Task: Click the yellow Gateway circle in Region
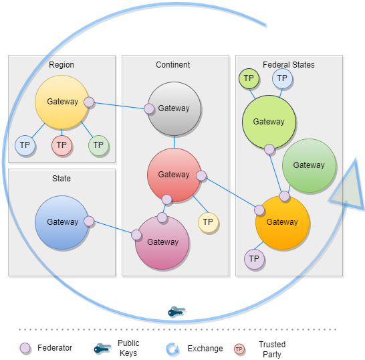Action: [x=62, y=102]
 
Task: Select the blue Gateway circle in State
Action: [x=62, y=222]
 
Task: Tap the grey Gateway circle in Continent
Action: [x=174, y=108]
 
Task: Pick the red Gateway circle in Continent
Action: [x=174, y=175]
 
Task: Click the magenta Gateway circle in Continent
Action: [x=162, y=242]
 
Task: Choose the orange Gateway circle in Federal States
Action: [x=282, y=222]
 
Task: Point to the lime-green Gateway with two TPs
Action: [x=269, y=122]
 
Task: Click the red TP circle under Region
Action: [x=62, y=145]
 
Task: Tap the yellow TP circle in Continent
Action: [x=208, y=221]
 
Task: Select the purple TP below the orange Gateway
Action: [x=254, y=259]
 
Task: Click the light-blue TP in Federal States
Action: [x=282, y=78]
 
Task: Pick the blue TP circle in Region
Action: [x=25, y=145]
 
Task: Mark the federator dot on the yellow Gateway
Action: [x=89, y=102]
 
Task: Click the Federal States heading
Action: [x=288, y=65]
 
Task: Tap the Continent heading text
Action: [x=172, y=65]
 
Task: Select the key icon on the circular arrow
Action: [x=176, y=312]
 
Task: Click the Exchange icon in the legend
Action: [x=172, y=349]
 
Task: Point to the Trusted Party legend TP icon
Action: [x=239, y=349]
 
